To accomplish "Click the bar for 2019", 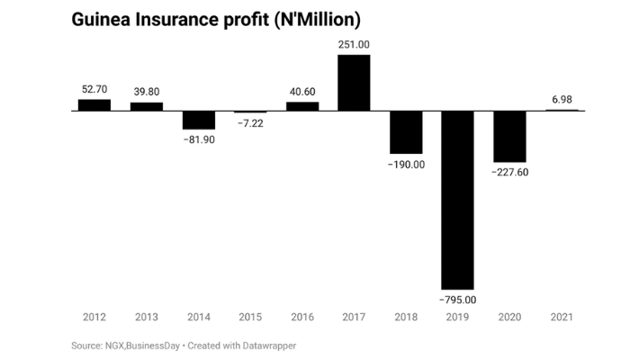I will pyautogui.click(x=457, y=199).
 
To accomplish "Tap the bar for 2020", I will pyautogui.click(x=509, y=136).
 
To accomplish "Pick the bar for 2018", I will pyautogui.click(x=406, y=132).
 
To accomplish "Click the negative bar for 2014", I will pyautogui.click(x=198, y=120).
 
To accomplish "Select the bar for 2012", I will pyautogui.click(x=94, y=104).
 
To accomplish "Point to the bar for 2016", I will pyautogui.click(x=302, y=106).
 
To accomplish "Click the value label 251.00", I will pyautogui.click(x=354, y=44).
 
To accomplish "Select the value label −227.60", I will pyautogui.click(x=509, y=173).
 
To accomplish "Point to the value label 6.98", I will pyautogui.click(x=562, y=98).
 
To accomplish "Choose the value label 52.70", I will pyautogui.click(x=94, y=89).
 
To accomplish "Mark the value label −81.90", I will pyautogui.click(x=199, y=140).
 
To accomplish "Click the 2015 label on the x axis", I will pyautogui.click(x=250, y=318).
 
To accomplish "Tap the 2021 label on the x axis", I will pyautogui.click(x=562, y=318).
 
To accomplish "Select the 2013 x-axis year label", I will pyautogui.click(x=147, y=318).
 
